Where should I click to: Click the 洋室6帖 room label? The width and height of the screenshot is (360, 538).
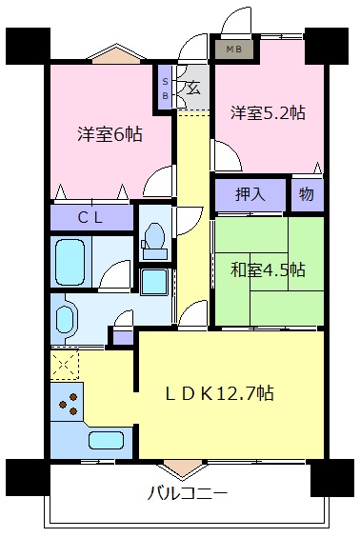(110, 134)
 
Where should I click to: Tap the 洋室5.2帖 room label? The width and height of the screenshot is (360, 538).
(268, 112)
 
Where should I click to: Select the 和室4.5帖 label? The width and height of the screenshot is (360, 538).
(268, 269)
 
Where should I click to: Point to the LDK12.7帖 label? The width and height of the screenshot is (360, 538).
(220, 393)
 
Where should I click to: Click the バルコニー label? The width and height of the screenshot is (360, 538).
(188, 493)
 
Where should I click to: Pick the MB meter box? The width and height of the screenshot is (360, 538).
(234, 50)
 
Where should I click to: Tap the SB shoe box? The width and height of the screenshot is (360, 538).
(165, 89)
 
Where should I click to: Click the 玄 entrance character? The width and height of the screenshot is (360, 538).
(194, 88)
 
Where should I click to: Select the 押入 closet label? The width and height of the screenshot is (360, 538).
(250, 194)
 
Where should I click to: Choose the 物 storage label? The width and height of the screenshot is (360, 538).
(307, 194)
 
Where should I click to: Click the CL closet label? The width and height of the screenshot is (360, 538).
(90, 217)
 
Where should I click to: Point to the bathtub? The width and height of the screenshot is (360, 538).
(70, 262)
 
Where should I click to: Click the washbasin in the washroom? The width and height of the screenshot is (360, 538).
(65, 319)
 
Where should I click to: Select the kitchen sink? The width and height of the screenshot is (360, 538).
(107, 440)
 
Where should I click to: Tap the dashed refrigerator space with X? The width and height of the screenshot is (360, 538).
(65, 365)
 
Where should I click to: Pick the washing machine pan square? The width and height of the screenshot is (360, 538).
(154, 281)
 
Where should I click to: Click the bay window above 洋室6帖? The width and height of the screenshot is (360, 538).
(116, 54)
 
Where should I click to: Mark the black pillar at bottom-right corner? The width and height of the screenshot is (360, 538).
(332, 478)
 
